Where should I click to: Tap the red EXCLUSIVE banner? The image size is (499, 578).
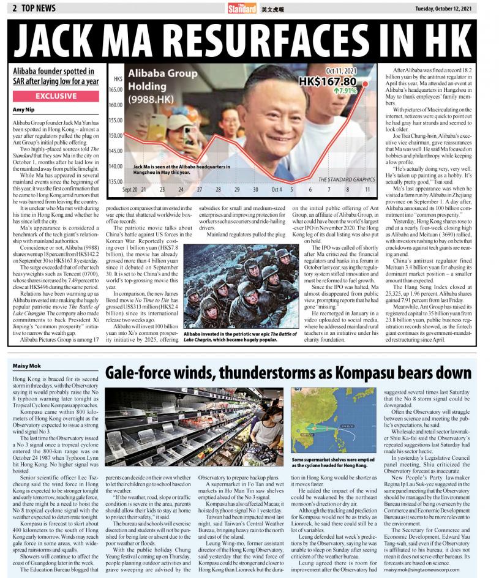pos(56,96)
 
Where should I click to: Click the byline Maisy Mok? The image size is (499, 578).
pos(25,366)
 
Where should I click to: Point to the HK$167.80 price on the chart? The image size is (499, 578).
pos(328,81)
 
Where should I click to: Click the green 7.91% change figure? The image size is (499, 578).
pos(346,91)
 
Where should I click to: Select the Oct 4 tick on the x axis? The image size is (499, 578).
pos(277,190)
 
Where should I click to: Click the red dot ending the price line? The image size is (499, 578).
pos(366,83)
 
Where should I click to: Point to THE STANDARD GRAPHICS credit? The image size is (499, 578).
pos(347,179)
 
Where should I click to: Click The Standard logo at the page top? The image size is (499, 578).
pos(242,9)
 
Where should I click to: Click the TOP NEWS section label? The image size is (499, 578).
pos(36,8)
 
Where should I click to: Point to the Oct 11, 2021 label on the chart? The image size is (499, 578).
pos(340,71)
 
